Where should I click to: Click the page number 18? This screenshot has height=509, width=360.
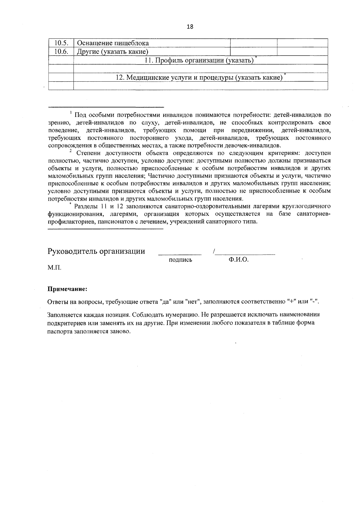(x=190, y=27)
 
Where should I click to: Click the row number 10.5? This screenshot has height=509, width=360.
(x=61, y=43)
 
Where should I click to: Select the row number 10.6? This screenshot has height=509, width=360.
(x=61, y=52)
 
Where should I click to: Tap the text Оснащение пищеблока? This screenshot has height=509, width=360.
(x=113, y=43)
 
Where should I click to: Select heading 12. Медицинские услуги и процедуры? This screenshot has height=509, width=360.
(x=199, y=77)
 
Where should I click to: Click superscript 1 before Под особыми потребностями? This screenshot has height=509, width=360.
(x=71, y=113)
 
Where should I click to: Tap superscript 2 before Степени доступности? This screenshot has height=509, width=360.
(x=70, y=151)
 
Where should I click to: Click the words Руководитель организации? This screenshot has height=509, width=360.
(x=96, y=251)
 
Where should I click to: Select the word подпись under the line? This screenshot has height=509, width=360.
(x=181, y=260)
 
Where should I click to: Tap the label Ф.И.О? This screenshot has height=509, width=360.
(x=238, y=260)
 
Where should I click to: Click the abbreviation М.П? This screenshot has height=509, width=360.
(x=54, y=267)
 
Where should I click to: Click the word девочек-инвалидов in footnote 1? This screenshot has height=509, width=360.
(x=256, y=146)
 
